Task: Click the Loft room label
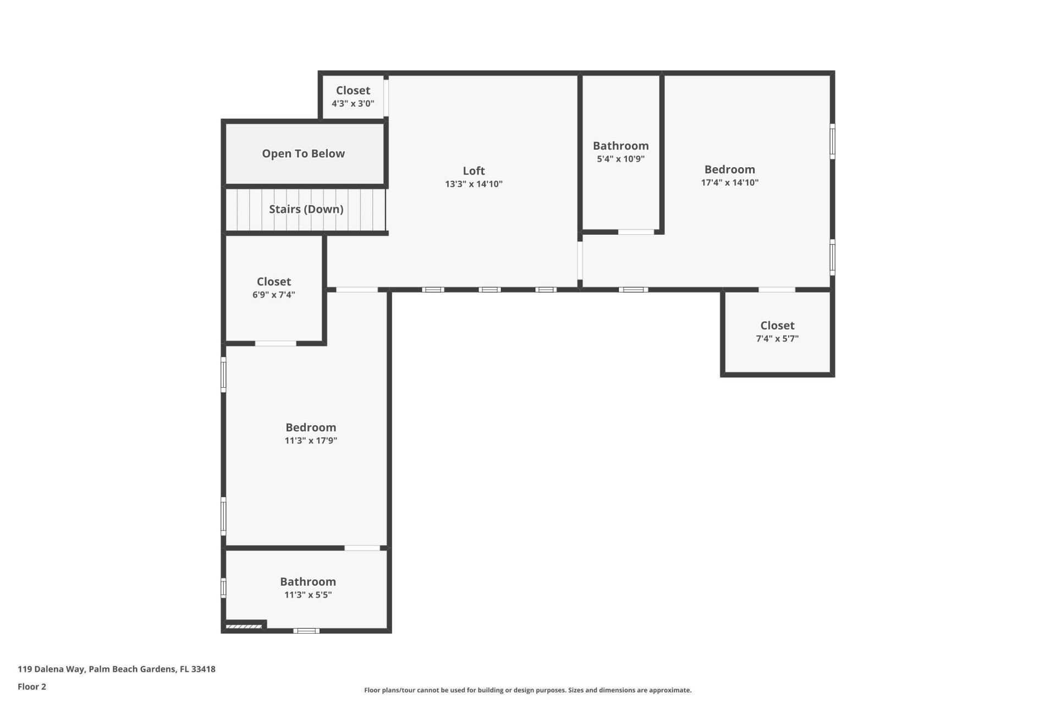tap(474, 170)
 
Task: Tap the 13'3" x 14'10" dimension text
tap(474, 184)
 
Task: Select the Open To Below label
tap(303, 153)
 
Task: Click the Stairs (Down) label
tap(306, 209)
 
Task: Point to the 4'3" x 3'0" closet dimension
tap(353, 103)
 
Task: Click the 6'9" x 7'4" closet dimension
tap(273, 295)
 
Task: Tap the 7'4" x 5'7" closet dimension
tap(777, 339)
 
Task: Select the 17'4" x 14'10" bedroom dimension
tap(729, 183)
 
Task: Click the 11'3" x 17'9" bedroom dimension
tap(311, 441)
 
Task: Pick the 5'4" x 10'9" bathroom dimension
tap(620, 159)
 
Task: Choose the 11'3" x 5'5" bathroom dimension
tap(307, 595)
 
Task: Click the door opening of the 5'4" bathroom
tap(636, 232)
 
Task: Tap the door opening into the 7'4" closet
tap(777, 289)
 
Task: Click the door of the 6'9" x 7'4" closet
tap(276, 344)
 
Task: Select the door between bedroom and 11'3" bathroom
tap(362, 548)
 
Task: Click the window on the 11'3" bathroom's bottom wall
tap(306, 630)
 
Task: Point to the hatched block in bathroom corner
tap(244, 626)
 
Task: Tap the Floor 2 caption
tap(32, 686)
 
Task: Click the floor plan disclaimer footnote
tap(527, 690)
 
